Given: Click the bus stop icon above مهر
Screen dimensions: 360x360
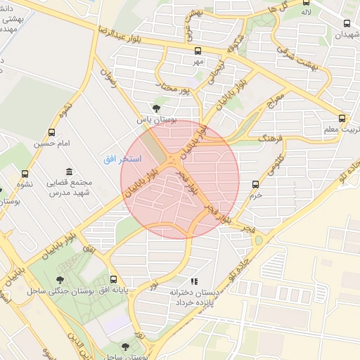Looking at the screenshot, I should (198, 51).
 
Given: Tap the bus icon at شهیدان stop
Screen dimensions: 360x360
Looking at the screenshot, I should (347, 23).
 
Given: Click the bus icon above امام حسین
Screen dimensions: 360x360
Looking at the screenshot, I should (51, 132).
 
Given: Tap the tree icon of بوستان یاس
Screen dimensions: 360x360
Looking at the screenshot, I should (155, 108).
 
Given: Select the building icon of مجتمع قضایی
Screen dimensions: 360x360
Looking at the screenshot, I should (69, 172).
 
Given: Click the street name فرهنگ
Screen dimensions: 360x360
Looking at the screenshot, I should (269, 139).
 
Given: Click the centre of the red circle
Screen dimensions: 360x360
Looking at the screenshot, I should (180, 179).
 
